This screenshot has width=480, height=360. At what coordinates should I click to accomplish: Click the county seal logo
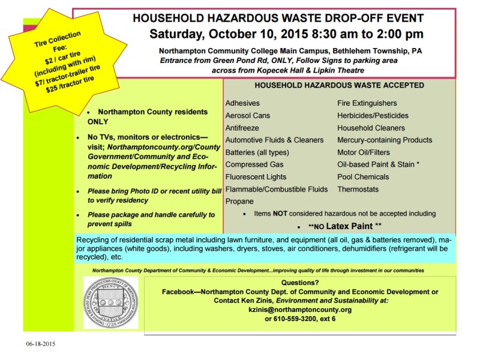point(110,302)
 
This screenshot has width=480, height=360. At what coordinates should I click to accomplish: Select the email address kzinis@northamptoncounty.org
point(299,310)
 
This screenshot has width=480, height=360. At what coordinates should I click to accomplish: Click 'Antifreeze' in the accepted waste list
point(242,128)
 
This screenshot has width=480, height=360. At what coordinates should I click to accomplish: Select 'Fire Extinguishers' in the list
point(367,103)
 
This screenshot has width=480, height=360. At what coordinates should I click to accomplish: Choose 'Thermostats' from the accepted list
point(358,189)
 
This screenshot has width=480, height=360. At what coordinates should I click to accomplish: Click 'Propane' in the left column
point(239,202)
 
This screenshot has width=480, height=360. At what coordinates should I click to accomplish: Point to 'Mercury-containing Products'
point(385,140)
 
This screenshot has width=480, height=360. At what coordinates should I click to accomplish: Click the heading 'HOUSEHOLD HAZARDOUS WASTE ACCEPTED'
point(340,85)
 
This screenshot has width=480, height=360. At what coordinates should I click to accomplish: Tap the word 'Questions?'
point(299,283)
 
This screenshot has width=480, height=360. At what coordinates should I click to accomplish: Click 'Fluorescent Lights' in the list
point(256,177)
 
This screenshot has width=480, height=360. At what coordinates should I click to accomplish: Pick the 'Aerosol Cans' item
point(247,115)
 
